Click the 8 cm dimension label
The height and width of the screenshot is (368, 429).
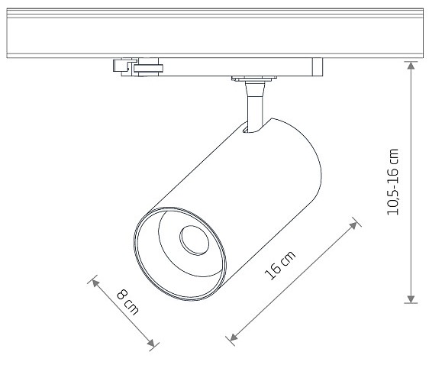pos(127,302)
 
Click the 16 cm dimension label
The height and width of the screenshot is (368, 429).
pos(280,265)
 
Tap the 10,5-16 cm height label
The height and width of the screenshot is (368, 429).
pos(393,182)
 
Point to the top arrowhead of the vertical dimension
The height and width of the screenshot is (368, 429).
pos(411,66)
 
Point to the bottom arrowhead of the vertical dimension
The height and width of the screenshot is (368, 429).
pos(411,299)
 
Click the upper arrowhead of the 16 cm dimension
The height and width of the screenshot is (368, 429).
pos(353,225)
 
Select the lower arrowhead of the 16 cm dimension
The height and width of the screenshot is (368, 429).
pos(234,337)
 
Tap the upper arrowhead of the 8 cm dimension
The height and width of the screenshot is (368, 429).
pos(95,282)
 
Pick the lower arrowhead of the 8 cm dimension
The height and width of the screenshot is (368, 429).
pos(150,343)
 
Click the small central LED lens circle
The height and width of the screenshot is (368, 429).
pos(194,240)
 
